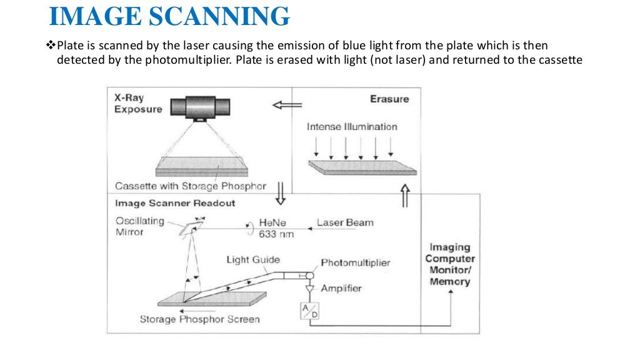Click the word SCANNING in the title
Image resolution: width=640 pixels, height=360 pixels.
coord(219,16)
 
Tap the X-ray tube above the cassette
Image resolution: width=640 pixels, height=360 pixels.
coord(200,108)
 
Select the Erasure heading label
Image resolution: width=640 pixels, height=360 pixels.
coord(389,99)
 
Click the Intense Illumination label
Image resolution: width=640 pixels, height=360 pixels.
coord(352,126)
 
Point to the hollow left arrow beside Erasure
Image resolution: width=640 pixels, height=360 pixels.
coord(287,105)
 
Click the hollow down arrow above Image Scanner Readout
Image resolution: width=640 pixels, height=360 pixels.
coord(281,193)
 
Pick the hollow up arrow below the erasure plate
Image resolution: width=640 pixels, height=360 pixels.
coord(404,196)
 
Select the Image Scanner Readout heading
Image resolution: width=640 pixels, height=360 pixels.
coord(175,203)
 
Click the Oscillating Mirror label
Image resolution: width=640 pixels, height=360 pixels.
coord(140,226)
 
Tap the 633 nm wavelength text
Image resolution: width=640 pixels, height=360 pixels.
coord(276,234)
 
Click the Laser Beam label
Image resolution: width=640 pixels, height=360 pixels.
coord(345,222)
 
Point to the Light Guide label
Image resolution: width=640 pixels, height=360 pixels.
coord(253,259)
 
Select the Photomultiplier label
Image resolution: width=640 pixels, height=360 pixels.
coord(356,262)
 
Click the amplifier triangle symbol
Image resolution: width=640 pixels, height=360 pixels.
coord(310,289)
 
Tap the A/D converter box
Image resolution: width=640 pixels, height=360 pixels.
coord(310,311)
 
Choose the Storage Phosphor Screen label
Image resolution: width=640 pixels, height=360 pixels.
coord(199,319)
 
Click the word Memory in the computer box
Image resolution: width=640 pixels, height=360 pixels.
coord(450,282)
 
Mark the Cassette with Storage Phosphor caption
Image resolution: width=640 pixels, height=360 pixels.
coord(191,186)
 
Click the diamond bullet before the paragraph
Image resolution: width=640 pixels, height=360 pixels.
coord(51,44)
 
